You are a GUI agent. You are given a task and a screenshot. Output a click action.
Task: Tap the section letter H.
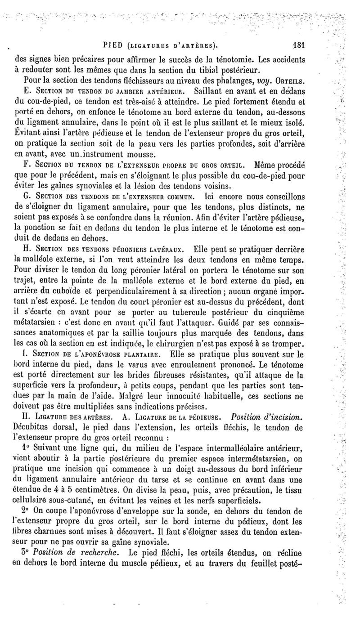pos(25,249)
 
